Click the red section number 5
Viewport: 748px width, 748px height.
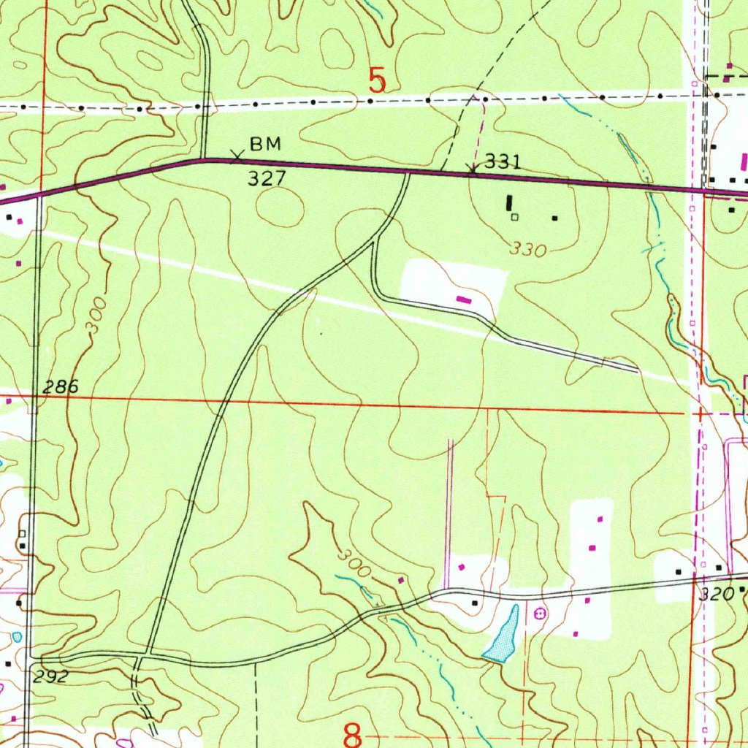376,80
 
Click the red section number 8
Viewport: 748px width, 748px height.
354,733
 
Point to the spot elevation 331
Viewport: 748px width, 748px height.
503,162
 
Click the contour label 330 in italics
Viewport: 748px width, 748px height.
529,250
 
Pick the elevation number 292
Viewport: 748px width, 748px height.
50,676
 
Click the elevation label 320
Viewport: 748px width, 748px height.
716,595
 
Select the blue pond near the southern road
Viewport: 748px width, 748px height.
504,636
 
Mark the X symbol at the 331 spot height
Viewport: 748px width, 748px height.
473,171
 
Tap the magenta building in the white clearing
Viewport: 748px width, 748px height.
463,298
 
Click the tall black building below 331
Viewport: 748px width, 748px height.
509,202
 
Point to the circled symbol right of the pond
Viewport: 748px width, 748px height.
541,614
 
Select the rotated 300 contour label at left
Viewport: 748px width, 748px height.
96,316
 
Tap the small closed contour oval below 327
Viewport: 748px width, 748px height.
280,207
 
